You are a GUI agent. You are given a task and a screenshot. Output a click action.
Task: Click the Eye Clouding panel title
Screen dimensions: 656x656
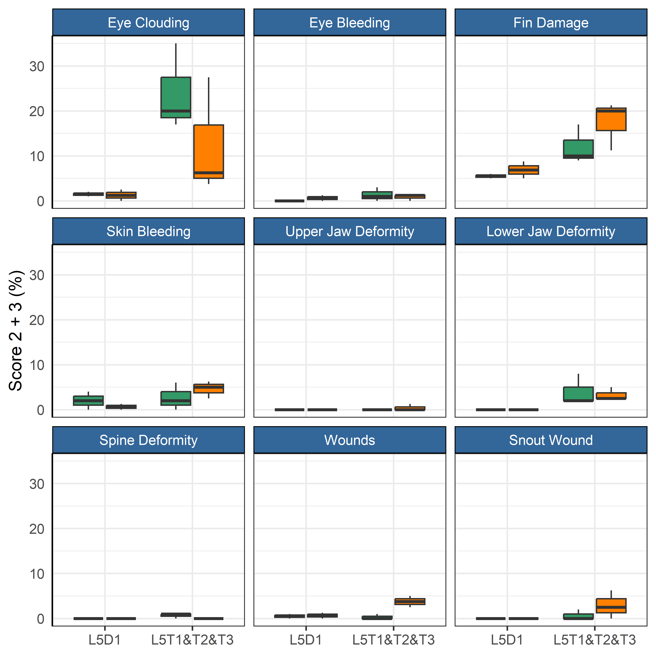pos(148,23)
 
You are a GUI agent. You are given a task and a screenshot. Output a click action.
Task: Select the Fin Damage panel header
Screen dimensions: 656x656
pos(551,23)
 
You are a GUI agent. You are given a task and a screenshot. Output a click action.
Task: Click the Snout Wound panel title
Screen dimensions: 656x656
pos(551,440)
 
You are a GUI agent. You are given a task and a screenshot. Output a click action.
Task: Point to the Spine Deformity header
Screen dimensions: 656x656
pos(148,440)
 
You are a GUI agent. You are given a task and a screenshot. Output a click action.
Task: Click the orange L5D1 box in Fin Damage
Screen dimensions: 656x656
pos(523,170)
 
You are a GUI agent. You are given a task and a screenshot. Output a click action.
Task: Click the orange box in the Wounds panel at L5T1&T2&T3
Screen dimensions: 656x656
pos(410,601)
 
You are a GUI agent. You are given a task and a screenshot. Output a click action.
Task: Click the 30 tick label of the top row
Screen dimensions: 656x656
pos(37,66)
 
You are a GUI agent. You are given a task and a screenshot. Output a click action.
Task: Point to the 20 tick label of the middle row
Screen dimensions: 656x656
pos(37,320)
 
